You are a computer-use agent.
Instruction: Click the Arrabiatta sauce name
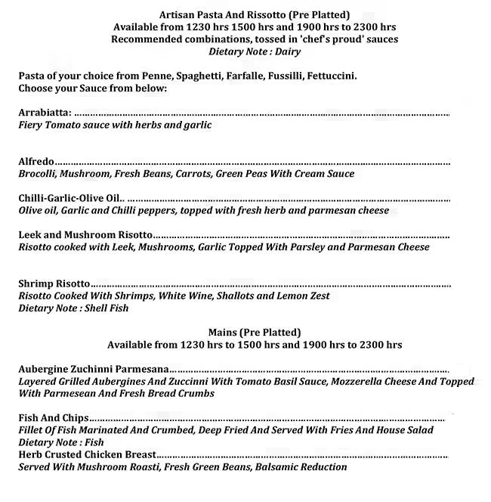45,113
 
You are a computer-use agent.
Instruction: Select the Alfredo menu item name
36,161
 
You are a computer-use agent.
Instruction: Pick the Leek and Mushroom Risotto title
85,234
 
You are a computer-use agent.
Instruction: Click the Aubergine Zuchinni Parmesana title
94,369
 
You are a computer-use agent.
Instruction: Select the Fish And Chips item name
54,418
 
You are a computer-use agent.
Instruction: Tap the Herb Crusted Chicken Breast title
88,454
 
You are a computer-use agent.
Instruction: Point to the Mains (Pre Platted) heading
255,332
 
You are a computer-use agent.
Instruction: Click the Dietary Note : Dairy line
255,51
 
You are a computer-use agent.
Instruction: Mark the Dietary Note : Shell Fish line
73,308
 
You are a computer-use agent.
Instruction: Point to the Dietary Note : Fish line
61,442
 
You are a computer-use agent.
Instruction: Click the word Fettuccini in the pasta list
332,76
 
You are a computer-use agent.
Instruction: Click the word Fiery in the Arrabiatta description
32,125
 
